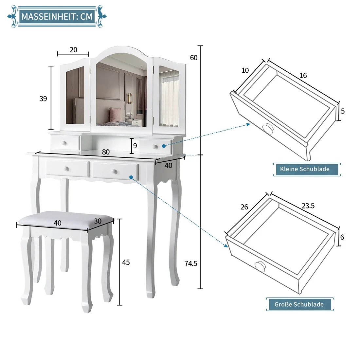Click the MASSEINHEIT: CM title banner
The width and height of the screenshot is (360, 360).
click(x=57, y=16)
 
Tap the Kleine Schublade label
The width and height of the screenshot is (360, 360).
click(x=305, y=169)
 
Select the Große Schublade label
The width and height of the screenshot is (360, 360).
click(x=299, y=304)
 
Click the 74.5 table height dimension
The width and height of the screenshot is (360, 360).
click(x=191, y=263)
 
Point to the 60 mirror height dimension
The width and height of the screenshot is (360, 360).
click(x=194, y=58)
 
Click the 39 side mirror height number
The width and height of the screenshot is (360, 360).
click(x=43, y=99)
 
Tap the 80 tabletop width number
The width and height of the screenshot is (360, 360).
click(x=106, y=152)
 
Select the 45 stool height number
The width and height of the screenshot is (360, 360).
click(x=126, y=262)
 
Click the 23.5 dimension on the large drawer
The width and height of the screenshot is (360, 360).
click(x=308, y=206)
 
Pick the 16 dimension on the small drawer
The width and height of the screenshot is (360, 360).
click(x=303, y=75)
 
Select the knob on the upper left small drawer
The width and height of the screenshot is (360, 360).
click(x=64, y=143)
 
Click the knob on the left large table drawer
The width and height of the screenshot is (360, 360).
click(x=67, y=169)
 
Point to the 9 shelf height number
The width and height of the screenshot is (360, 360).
click(x=135, y=146)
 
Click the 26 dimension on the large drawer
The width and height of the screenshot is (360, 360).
click(x=244, y=207)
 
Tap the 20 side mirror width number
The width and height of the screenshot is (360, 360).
click(x=73, y=50)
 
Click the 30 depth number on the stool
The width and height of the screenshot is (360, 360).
click(x=98, y=221)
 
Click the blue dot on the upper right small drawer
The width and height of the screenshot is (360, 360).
click(x=164, y=146)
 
